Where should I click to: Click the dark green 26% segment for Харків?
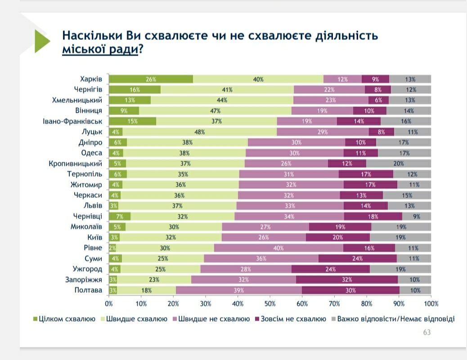(x=151, y=79)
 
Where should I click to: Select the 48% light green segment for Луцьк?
(x=200, y=132)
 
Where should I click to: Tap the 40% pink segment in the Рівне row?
(x=278, y=248)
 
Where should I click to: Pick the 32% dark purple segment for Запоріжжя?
(x=346, y=279)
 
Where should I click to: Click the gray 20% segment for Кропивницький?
(x=399, y=163)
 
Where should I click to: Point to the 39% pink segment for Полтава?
(x=238, y=290)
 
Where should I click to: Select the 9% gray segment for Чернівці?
(x=417, y=216)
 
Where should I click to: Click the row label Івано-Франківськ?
(x=73, y=121)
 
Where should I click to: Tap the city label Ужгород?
(x=87, y=269)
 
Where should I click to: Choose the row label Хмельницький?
(x=77, y=100)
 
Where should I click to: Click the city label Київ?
(x=94, y=237)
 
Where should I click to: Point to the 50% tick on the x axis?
(x=270, y=304)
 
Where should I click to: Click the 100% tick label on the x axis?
(x=431, y=304)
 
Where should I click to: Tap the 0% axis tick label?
(x=109, y=304)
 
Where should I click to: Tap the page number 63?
(x=427, y=333)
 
